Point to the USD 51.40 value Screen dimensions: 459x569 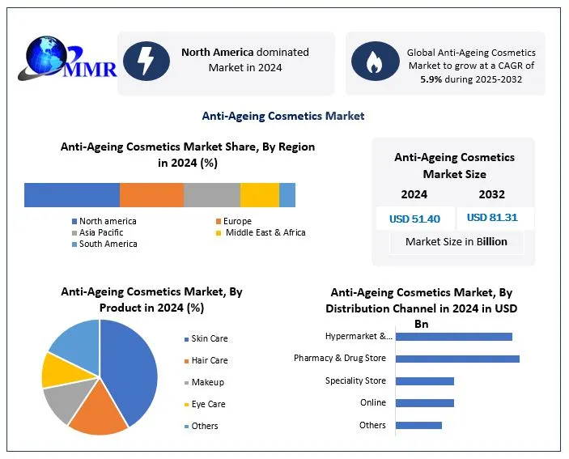point(414,219)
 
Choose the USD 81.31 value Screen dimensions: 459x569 point(491,218)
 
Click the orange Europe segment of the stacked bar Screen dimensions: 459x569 point(151,195)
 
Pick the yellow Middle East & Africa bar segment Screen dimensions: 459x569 point(259,195)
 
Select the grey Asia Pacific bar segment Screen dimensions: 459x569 point(211,195)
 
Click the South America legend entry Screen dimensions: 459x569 point(108,244)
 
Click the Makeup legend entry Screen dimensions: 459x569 point(207,382)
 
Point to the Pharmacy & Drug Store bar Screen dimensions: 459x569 point(457,359)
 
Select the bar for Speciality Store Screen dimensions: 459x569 point(425,380)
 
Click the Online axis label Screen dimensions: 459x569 point(372,402)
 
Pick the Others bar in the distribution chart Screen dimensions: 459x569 point(418,425)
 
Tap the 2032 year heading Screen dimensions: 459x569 point(491,194)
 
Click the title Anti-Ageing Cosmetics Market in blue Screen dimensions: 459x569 point(283,116)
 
